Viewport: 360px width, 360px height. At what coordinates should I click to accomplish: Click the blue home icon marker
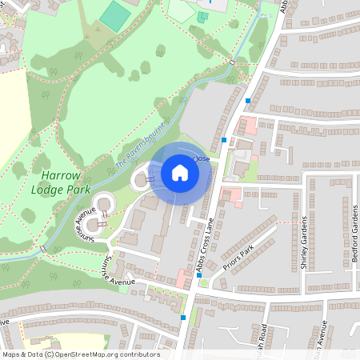point(180,173)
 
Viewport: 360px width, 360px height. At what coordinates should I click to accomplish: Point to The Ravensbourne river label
point(140,146)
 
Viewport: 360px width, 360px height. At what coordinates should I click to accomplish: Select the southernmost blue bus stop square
point(183,318)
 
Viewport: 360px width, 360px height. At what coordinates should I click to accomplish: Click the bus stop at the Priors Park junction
point(210,274)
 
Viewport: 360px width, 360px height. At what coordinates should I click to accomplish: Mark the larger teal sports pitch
point(117,16)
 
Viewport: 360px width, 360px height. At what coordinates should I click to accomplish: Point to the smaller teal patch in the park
point(202,16)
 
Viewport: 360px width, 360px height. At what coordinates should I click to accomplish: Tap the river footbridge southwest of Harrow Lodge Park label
point(42,249)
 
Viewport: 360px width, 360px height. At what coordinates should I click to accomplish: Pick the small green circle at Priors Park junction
point(203,282)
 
